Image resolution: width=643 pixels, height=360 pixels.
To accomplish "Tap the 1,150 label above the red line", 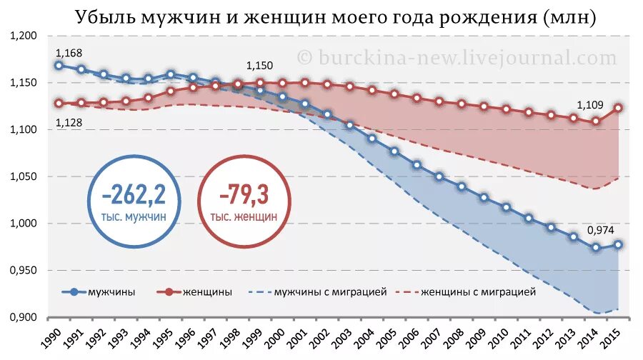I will (259, 66).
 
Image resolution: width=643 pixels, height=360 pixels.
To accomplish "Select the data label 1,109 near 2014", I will (589, 106).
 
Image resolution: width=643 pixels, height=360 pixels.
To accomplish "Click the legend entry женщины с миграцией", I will (478, 291).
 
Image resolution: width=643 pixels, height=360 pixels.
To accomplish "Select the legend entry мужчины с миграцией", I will (331, 291).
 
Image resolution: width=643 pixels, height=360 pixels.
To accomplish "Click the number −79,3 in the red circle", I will (244, 194).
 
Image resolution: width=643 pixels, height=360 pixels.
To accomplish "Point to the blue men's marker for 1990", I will (59, 65).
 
